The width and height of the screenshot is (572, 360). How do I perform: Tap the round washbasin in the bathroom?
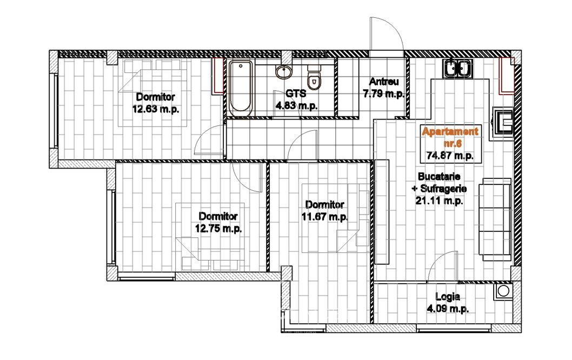point(283,71)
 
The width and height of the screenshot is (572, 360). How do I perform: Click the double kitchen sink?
point(458,68)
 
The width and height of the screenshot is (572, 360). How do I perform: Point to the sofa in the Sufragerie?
point(495,219)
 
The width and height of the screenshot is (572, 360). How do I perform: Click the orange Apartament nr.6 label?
point(450,137)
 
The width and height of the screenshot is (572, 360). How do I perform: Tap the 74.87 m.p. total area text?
point(450,156)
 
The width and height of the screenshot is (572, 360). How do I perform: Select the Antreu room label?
point(384,82)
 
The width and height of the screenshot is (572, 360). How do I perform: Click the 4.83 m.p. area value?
point(297,106)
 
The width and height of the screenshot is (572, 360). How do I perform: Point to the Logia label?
point(448,297)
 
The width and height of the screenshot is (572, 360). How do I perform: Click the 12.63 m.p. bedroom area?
point(156,109)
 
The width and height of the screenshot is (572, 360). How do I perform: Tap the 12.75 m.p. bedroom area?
point(218,229)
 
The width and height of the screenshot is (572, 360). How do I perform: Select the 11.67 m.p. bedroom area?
point(325,217)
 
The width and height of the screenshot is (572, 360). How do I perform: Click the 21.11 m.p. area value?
point(440,200)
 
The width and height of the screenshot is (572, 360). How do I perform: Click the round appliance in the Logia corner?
point(503,291)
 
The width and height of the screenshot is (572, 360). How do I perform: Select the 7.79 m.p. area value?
point(384,94)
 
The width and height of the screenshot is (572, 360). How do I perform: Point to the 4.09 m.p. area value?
point(448,309)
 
